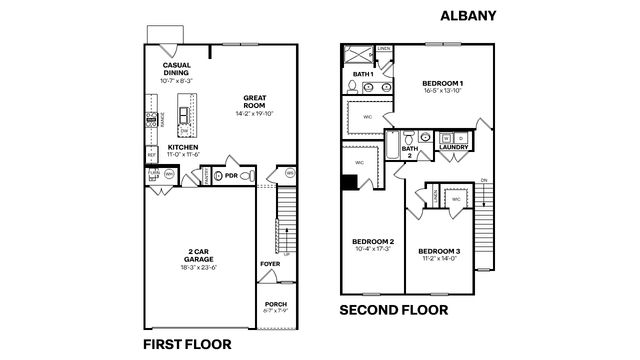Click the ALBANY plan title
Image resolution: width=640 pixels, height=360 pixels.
469,16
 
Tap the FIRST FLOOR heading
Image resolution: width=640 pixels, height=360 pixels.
187,344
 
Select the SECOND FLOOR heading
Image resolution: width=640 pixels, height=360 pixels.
394,310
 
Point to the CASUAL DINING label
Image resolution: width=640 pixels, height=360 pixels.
177,69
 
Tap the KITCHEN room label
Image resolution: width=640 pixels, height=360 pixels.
182,147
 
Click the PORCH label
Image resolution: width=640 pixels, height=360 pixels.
276,303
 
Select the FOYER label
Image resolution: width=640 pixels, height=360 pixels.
270,264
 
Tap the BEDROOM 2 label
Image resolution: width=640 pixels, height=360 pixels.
372,242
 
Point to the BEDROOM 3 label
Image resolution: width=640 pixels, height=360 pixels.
439,250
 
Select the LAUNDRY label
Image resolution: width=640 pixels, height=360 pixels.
453,147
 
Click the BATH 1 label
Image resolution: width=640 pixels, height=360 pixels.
363,74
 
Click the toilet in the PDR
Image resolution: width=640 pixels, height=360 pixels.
251,175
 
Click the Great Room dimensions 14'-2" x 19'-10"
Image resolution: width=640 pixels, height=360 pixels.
254,113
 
